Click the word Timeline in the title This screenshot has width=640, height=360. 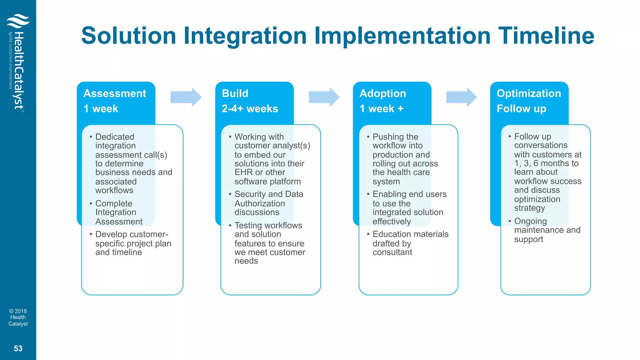(x=546, y=36)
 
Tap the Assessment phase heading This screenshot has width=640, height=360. (x=115, y=93)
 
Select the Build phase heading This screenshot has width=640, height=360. (x=235, y=93)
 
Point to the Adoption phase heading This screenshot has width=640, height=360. (x=383, y=93)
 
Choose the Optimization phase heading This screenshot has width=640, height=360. (x=529, y=93)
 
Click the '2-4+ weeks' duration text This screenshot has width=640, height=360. (x=250, y=109)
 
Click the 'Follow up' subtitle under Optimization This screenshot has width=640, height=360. (x=521, y=109)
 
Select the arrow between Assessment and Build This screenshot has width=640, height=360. (x=186, y=97)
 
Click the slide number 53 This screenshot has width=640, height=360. (x=18, y=348)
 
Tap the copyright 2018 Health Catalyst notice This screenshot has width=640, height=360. (x=18, y=317)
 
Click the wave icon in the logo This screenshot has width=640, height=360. (x=18, y=21)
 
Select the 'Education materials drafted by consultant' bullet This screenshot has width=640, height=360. (x=410, y=243)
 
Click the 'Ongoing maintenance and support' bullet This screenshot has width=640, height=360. (x=547, y=230)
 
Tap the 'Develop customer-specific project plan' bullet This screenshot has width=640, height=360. (x=133, y=243)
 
